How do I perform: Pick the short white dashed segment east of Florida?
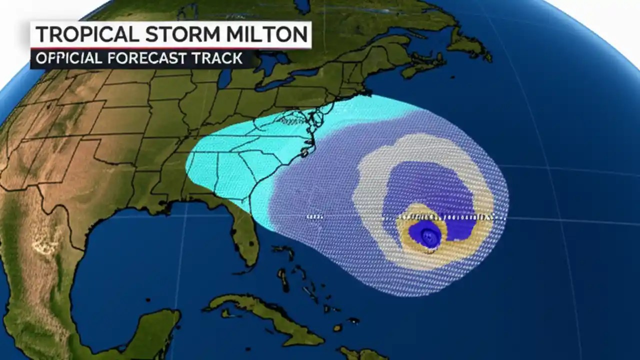(x=314, y=217)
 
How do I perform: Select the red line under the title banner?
(x=170, y=49)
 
